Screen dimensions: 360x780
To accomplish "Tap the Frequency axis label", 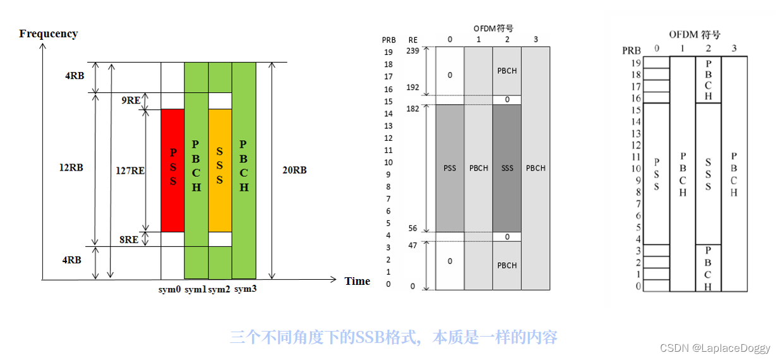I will click(x=49, y=33).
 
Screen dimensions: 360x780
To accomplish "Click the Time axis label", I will click(x=357, y=281).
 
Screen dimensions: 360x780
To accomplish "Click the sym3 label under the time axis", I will click(x=245, y=289).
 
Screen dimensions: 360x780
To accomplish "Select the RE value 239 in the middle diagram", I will click(x=413, y=51).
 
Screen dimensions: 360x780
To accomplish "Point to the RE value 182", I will click(x=413, y=109).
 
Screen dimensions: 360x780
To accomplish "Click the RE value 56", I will click(x=413, y=229).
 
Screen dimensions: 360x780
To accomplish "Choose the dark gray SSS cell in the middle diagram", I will click(x=507, y=168).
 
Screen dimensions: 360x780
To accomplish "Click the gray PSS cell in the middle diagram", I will click(x=450, y=168).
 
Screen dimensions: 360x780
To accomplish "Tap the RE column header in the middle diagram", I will click(x=413, y=40).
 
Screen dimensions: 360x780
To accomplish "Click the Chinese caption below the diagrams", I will click(x=393, y=337).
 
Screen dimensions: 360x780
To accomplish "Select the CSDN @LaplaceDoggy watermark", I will click(x=715, y=348).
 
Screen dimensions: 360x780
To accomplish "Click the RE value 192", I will click(x=413, y=88).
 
